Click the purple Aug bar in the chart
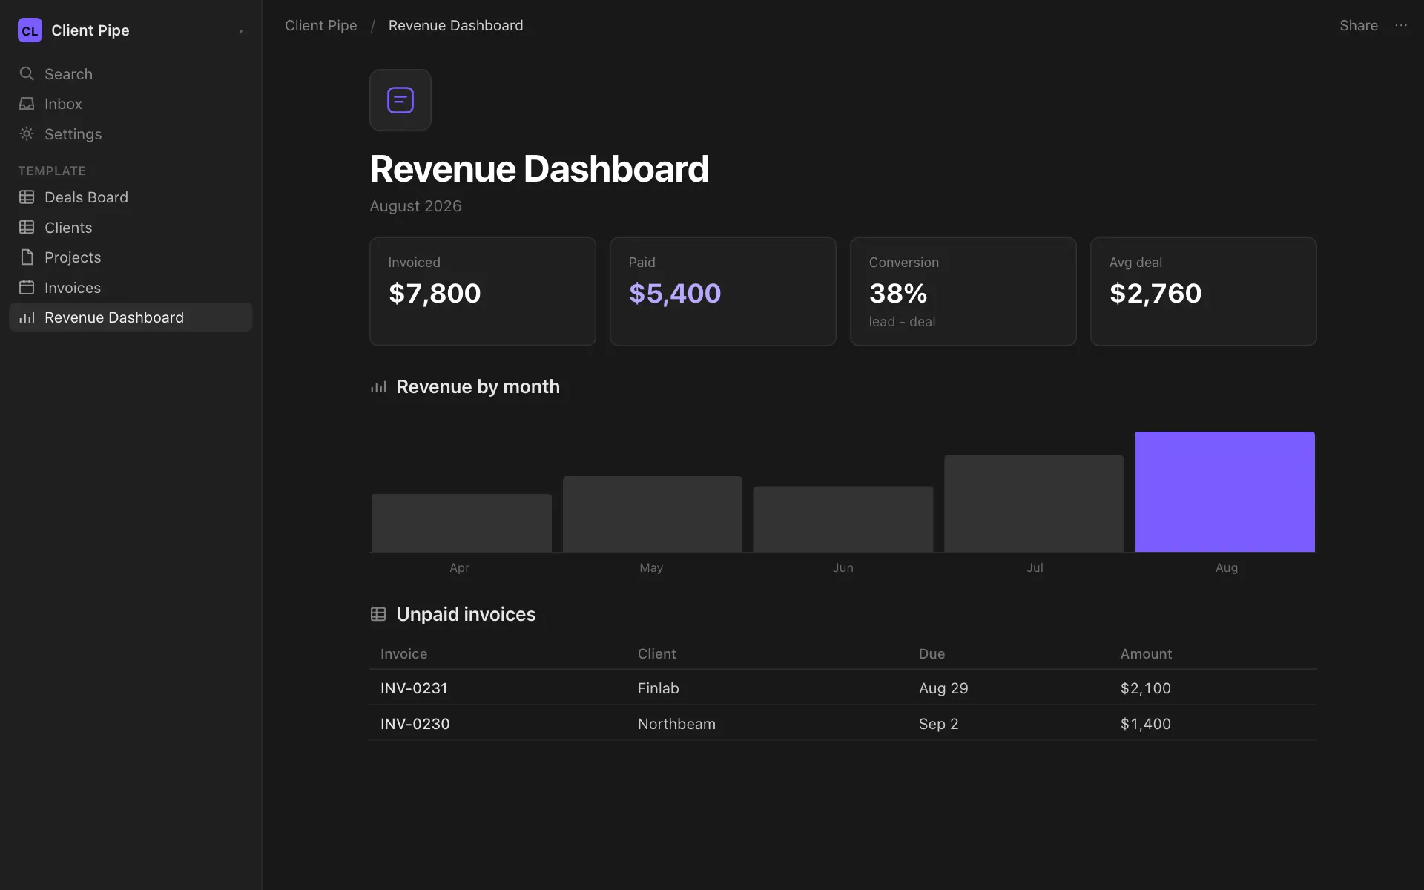click(x=1224, y=492)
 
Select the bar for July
click(x=1034, y=504)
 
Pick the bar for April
click(x=461, y=523)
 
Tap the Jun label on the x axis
click(x=843, y=567)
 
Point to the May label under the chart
click(x=651, y=567)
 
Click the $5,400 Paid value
click(x=675, y=293)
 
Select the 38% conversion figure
click(x=898, y=293)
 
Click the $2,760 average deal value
click(x=1156, y=293)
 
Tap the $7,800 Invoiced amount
click(x=435, y=293)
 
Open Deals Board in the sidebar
click(x=86, y=197)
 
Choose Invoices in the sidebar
click(x=73, y=288)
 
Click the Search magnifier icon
click(x=27, y=73)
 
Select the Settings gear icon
click(x=27, y=133)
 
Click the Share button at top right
click(x=1359, y=25)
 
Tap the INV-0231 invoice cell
click(x=414, y=688)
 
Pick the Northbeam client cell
click(x=676, y=724)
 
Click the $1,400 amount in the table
click(x=1146, y=724)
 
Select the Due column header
click(x=932, y=653)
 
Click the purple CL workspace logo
click(x=30, y=30)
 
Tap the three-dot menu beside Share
click(x=1401, y=25)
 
